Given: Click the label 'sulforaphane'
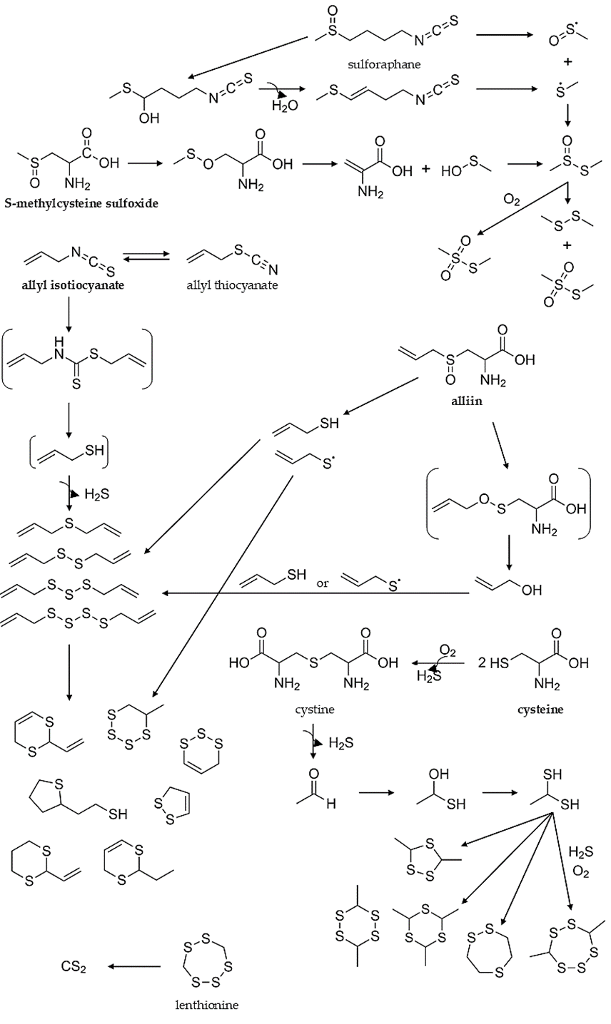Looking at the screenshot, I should point(384,64).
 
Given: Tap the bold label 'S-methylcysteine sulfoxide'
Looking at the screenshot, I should point(81,203).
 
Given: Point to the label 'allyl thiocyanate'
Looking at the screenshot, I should point(232,285).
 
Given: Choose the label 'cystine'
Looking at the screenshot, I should point(314,710).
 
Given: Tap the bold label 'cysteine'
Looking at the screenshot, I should point(540,710).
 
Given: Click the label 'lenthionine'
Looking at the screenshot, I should point(206,1005).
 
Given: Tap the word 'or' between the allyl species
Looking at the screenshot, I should point(322,583).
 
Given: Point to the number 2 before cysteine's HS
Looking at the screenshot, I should point(482,662).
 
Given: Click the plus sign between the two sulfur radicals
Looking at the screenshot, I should point(568,62).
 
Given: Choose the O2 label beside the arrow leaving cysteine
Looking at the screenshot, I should point(448,650).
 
